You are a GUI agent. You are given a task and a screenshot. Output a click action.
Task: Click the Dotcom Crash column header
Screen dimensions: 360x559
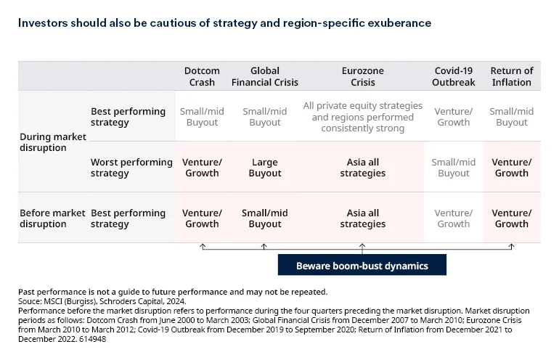pos(202,76)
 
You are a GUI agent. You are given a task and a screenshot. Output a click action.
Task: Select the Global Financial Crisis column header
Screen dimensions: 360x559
pos(265,76)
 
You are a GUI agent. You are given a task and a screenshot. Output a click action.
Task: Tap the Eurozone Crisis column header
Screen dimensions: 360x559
pos(363,76)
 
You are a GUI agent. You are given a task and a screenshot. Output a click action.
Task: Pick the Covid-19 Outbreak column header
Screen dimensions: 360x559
pos(454,76)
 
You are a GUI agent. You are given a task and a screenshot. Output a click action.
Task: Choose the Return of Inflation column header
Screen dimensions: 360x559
pos(512,76)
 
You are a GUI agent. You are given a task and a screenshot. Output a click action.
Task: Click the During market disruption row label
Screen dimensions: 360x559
pos(52,142)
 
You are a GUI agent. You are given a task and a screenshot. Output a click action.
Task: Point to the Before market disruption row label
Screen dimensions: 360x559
pos(52,218)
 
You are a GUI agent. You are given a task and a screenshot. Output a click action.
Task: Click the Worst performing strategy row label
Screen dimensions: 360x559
pos(131,168)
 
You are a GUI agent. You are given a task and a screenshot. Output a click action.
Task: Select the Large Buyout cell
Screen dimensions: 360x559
pos(265,168)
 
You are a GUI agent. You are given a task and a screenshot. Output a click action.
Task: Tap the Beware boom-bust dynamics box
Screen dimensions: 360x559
pos(362,266)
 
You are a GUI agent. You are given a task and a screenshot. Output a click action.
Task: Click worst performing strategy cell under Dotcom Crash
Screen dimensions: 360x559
pos(202,168)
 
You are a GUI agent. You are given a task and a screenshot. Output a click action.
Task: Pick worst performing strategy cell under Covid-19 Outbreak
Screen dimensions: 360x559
pos(454,168)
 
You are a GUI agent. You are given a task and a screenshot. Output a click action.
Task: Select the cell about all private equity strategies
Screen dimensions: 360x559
pos(358,117)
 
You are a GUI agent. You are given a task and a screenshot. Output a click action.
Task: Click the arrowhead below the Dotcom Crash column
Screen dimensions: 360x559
pos(203,247)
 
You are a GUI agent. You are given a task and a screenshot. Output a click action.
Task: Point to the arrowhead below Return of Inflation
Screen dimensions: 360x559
pos(512,247)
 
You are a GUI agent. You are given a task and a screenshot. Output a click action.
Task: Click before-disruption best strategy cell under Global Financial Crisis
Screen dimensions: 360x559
pos(265,218)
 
